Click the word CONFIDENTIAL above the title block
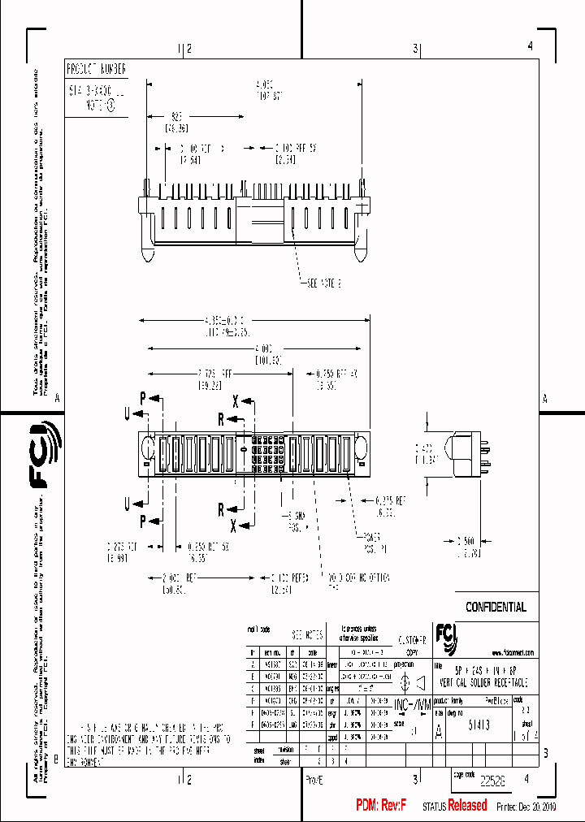496,607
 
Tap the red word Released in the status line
468,805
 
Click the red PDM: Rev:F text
380,805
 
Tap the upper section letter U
128,413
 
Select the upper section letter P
143,399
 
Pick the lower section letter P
143,520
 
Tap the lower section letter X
233,524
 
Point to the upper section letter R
220,418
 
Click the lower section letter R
220,510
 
